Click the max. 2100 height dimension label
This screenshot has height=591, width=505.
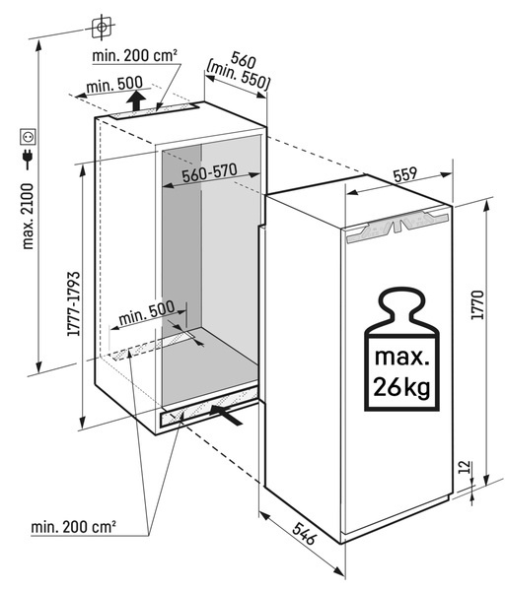click(x=29, y=217)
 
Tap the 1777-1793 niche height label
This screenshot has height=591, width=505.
click(x=73, y=303)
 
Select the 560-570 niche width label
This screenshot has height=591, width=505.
click(x=209, y=173)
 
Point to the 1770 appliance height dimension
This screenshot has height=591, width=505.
click(x=477, y=305)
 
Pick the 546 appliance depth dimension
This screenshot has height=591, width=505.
click(x=304, y=533)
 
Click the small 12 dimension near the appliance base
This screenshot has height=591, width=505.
click(x=466, y=467)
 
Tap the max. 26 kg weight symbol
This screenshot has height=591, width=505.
click(x=401, y=349)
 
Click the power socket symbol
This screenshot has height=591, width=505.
click(x=29, y=137)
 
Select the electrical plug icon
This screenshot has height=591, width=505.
click(x=28, y=159)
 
